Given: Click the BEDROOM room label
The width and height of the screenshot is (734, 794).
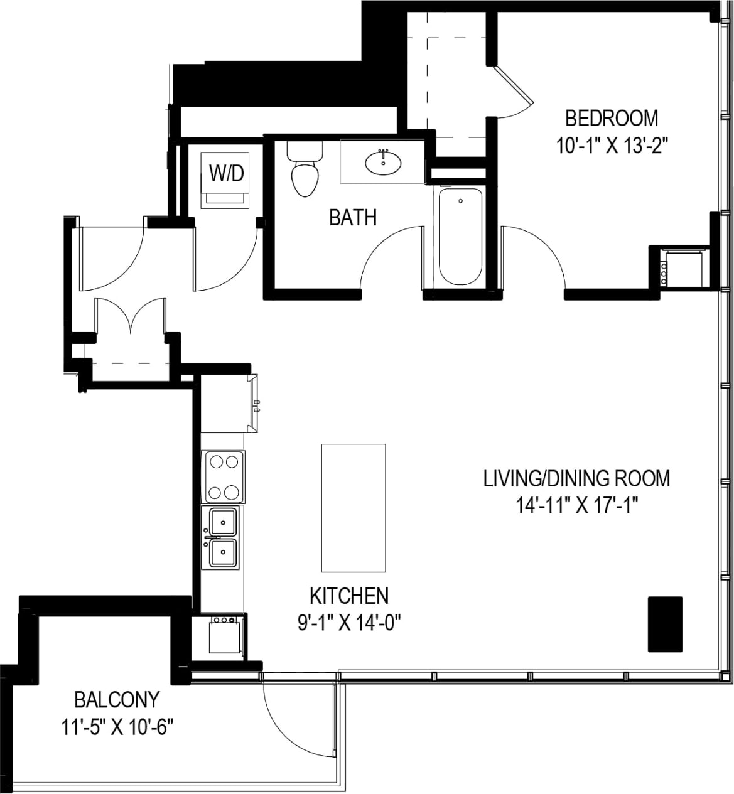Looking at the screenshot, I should [611, 118].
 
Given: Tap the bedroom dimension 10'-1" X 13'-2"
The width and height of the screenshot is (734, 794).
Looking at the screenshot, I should [611, 146].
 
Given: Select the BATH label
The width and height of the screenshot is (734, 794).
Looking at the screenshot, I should [353, 218].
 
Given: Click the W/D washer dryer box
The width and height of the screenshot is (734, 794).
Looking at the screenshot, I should [227, 180].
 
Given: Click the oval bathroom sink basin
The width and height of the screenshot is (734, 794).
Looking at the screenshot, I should [383, 163].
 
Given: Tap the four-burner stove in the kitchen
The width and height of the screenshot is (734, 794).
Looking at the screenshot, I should [223, 477].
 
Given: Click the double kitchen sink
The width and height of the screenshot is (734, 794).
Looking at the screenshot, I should [223, 537].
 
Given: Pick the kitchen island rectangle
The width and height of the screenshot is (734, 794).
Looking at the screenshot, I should [353, 508].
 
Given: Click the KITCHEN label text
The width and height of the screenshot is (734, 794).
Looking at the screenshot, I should [349, 595].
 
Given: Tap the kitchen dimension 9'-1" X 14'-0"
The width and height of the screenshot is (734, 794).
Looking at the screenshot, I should [349, 623].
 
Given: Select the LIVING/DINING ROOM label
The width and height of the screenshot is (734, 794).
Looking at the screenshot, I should [576, 478].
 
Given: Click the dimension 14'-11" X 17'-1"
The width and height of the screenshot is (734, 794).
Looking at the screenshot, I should [576, 506].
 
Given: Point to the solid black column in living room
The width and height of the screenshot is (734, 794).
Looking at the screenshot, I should [665, 624].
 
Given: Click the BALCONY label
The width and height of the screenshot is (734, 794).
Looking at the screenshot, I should [117, 699].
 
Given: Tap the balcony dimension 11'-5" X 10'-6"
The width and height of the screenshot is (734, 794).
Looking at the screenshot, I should [117, 727].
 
